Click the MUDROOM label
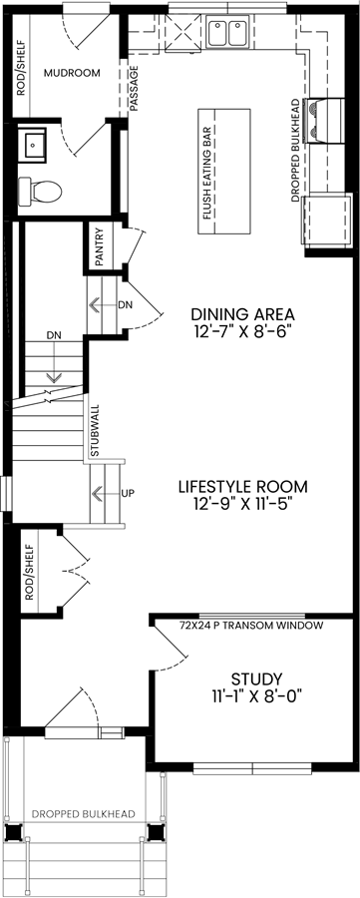pyautogui.click(x=72, y=73)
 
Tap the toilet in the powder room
pyautogui.click(x=40, y=191)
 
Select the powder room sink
pyautogui.click(x=32, y=144)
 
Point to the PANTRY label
pyautogui.click(x=100, y=247)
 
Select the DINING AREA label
pyautogui.click(x=242, y=314)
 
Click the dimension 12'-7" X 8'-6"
pyautogui.click(x=242, y=332)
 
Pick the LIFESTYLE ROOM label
pyautogui.click(x=242, y=487)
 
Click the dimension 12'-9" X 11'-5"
pyautogui.click(x=242, y=505)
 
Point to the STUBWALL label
pyautogui.click(x=95, y=431)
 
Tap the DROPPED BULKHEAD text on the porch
pyautogui.click(x=84, y=814)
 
